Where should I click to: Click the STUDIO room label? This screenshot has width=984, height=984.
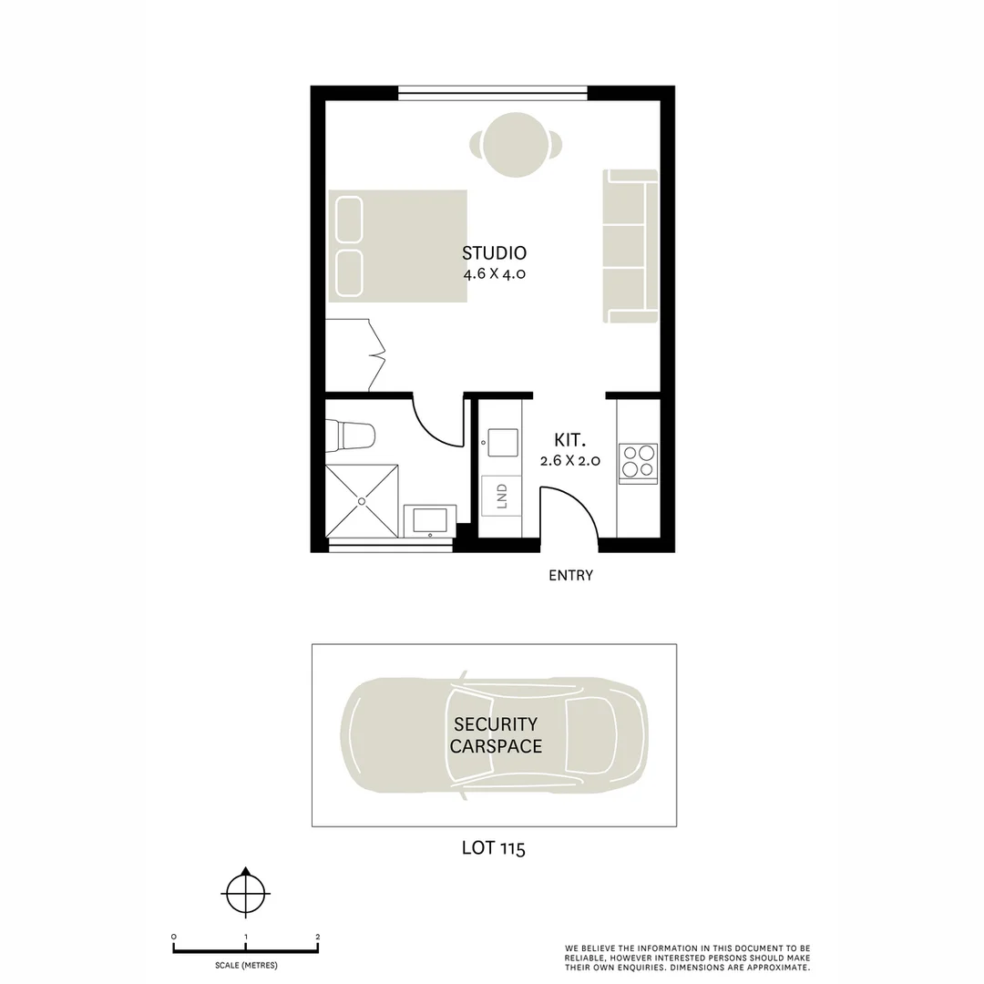pos(494,253)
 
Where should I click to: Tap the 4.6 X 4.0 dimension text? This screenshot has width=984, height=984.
pos(494,273)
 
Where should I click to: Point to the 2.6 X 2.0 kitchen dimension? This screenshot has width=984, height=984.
pos(569,461)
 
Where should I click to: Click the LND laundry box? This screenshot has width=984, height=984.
pos(501,497)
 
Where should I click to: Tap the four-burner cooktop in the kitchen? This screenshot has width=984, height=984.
pos(638,461)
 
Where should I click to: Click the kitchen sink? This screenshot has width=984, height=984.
pos(502,442)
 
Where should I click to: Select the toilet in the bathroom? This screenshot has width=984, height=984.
pos(354,435)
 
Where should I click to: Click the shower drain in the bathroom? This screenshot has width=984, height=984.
pos(362,500)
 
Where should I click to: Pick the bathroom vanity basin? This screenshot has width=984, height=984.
pos(429,520)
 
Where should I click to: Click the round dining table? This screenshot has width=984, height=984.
pos(516,144)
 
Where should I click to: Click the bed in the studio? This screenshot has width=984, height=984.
pos(398,246)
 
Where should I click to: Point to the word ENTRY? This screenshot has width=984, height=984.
pos(570,576)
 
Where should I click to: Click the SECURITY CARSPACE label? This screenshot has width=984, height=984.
pos(496,735)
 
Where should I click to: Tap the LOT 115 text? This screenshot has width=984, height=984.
pos(493,848)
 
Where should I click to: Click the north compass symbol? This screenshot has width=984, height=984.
pos(245,893)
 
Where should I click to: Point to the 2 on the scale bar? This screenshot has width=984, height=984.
pos(317,937)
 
